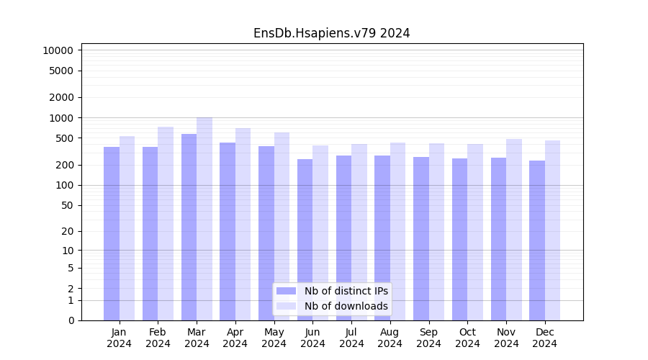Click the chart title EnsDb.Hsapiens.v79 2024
pyautogui.click(x=331, y=33)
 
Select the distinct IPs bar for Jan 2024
pyautogui.click(x=112, y=233)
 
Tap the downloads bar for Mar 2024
pyautogui.click(x=204, y=219)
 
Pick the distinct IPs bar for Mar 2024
pyautogui.click(x=189, y=227)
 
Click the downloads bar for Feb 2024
pyautogui.click(x=166, y=223)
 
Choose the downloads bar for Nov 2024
pyautogui.click(x=514, y=230)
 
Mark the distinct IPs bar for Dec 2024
pyautogui.click(x=537, y=240)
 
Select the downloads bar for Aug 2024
pyautogui.click(x=397, y=231)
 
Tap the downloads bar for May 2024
pyautogui.click(x=282, y=226)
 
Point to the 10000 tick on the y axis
pyautogui.click(x=58, y=50)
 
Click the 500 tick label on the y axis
pyautogui.click(x=63, y=138)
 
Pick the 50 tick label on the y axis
pyautogui.click(x=66, y=205)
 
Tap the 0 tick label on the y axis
pyautogui.click(x=71, y=320)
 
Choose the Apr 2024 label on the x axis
pyautogui.click(x=235, y=338)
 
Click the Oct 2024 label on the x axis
pyautogui.click(x=467, y=338)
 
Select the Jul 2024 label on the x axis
pyautogui.click(x=351, y=338)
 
